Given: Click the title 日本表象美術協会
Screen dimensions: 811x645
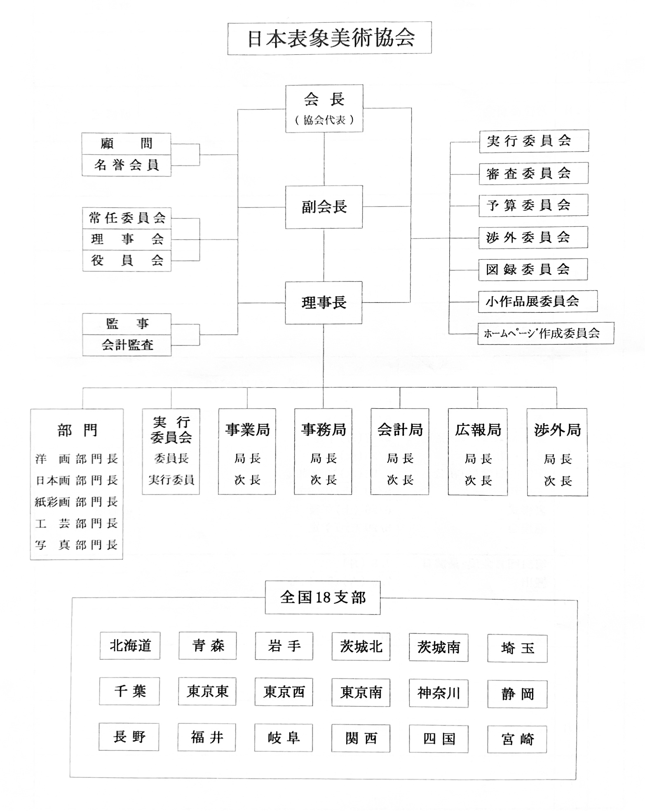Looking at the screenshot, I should (x=329, y=38).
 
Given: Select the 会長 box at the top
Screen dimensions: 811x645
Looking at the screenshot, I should (x=324, y=108).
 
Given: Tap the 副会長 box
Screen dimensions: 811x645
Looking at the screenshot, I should (x=324, y=207).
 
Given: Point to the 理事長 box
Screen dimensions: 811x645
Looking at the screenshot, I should (x=324, y=302).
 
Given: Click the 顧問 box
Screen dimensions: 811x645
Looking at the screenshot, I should (x=126, y=144).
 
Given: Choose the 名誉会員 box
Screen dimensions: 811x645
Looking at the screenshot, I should (x=126, y=165).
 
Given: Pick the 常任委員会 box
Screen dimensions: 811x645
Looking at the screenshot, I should (x=127, y=218).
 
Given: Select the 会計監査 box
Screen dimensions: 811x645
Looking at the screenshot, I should (x=127, y=345).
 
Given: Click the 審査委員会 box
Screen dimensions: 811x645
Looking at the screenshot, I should (x=533, y=173).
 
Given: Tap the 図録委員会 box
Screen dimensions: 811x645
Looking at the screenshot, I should (x=532, y=270).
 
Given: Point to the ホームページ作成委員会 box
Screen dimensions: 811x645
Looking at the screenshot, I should (x=545, y=333).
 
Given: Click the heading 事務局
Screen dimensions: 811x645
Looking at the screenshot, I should (x=323, y=430).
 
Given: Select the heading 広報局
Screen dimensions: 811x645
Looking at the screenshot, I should (x=478, y=430).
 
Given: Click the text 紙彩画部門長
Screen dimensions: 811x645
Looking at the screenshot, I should (x=76, y=502).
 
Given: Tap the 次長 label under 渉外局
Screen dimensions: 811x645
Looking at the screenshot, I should (x=557, y=481).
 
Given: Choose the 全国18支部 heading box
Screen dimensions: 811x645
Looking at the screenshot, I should (x=323, y=598).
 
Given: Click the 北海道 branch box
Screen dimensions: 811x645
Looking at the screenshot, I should (x=130, y=646).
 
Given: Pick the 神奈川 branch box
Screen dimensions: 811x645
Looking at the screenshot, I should (x=439, y=693).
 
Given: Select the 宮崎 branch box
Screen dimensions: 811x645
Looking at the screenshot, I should (x=517, y=739).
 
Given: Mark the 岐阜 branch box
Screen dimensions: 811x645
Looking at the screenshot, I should (x=284, y=738).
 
